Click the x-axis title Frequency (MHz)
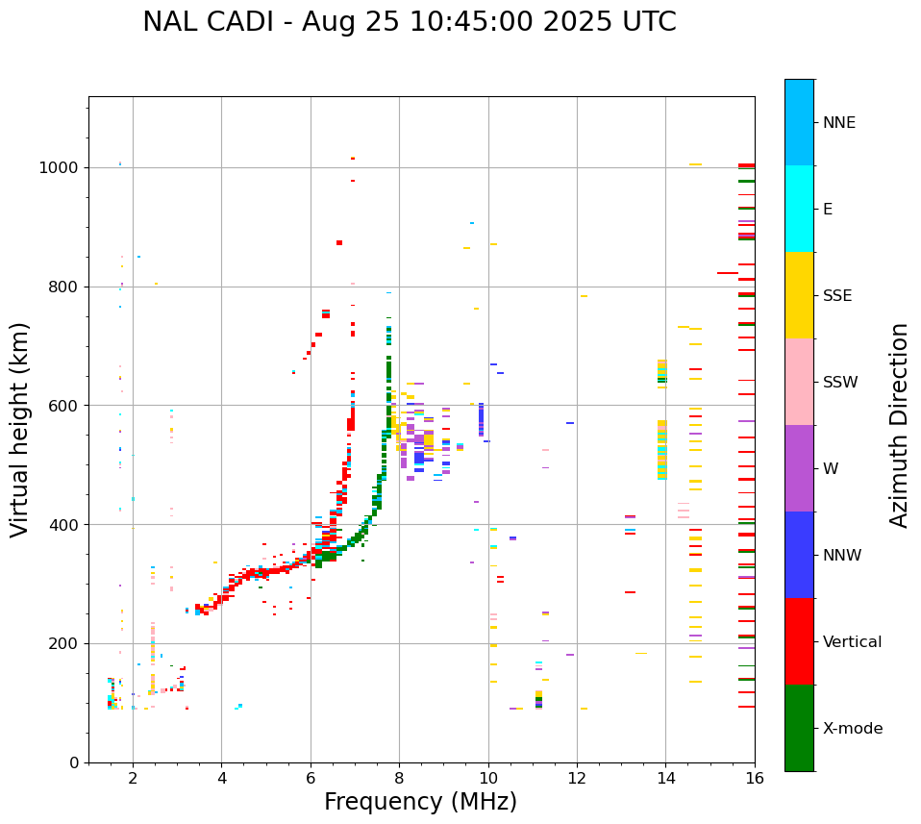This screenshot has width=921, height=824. pos(420,802)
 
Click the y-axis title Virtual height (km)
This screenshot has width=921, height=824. pos(21,430)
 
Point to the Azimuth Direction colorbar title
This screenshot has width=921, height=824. pos(899,425)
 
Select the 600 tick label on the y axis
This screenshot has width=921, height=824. pos(66,406)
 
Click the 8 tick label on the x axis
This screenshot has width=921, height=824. pos(399,778)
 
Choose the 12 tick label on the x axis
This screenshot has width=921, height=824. pos(577,778)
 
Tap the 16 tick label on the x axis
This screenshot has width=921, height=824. pos(755,778)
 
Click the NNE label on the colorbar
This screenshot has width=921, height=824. pos(838,123)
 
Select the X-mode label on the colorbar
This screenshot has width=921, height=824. pos(852,729)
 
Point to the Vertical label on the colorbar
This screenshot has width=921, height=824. pos(852,642)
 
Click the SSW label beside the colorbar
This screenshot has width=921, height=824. pos(839,383)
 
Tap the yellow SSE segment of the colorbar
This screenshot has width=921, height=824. pos(799,295)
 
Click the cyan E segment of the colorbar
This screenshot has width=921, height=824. pos(799,209)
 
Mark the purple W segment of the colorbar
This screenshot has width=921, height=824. pos(799,468)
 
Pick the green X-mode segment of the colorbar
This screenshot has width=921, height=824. pos(799,728)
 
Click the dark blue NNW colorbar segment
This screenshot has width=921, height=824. pos(799,555)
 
